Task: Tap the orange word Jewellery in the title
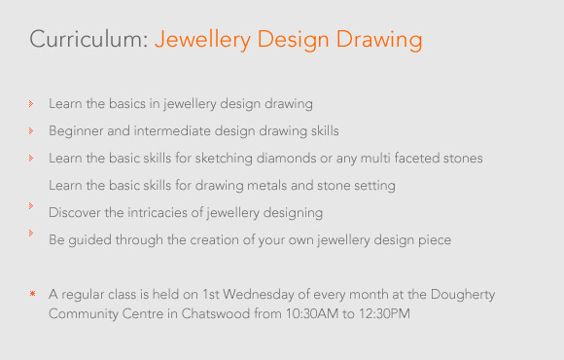coord(202,40)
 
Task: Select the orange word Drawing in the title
coord(379,40)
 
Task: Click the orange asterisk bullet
coord(32,294)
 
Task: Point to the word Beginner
coord(76,131)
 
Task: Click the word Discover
coord(75,212)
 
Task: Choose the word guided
coord(89,240)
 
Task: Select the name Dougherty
coord(463,295)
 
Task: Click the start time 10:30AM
coord(312,313)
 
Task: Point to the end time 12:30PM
coord(385,313)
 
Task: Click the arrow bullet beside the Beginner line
coord(31,130)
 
